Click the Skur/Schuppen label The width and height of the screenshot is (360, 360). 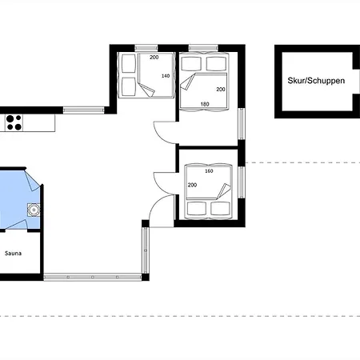[x=316, y=81]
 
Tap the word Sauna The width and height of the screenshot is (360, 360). [x=13, y=254]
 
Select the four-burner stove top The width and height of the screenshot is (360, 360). [x=14, y=122]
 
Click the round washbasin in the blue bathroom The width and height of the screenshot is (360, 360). [x=34, y=210]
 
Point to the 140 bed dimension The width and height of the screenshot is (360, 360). [x=166, y=76]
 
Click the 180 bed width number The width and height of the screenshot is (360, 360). [x=205, y=104]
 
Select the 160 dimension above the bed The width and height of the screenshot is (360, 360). [x=209, y=171]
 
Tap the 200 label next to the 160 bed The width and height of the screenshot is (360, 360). [x=192, y=185]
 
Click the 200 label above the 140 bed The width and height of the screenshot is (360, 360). [x=154, y=57]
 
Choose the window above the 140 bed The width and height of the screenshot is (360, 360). [x=146, y=48]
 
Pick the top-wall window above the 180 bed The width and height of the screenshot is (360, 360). [x=203, y=48]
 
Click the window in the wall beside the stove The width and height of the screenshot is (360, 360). [x=83, y=110]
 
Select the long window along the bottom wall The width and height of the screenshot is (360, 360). [x=92, y=278]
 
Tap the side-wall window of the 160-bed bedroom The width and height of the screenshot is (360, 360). [x=241, y=182]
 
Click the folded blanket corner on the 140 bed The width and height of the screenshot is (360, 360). [x=146, y=89]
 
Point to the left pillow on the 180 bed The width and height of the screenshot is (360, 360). [x=191, y=64]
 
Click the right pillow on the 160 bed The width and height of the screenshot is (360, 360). [x=220, y=209]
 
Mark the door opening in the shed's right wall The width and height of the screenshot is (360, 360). [x=356, y=82]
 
